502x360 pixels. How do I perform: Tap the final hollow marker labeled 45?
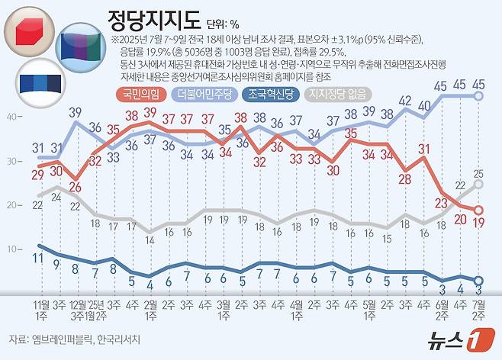(x=479, y=96)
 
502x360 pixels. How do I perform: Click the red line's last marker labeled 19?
(x=479, y=210)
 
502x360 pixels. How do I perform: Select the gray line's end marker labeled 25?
(x=479, y=184)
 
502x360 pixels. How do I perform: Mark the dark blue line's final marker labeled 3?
(x=479, y=280)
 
